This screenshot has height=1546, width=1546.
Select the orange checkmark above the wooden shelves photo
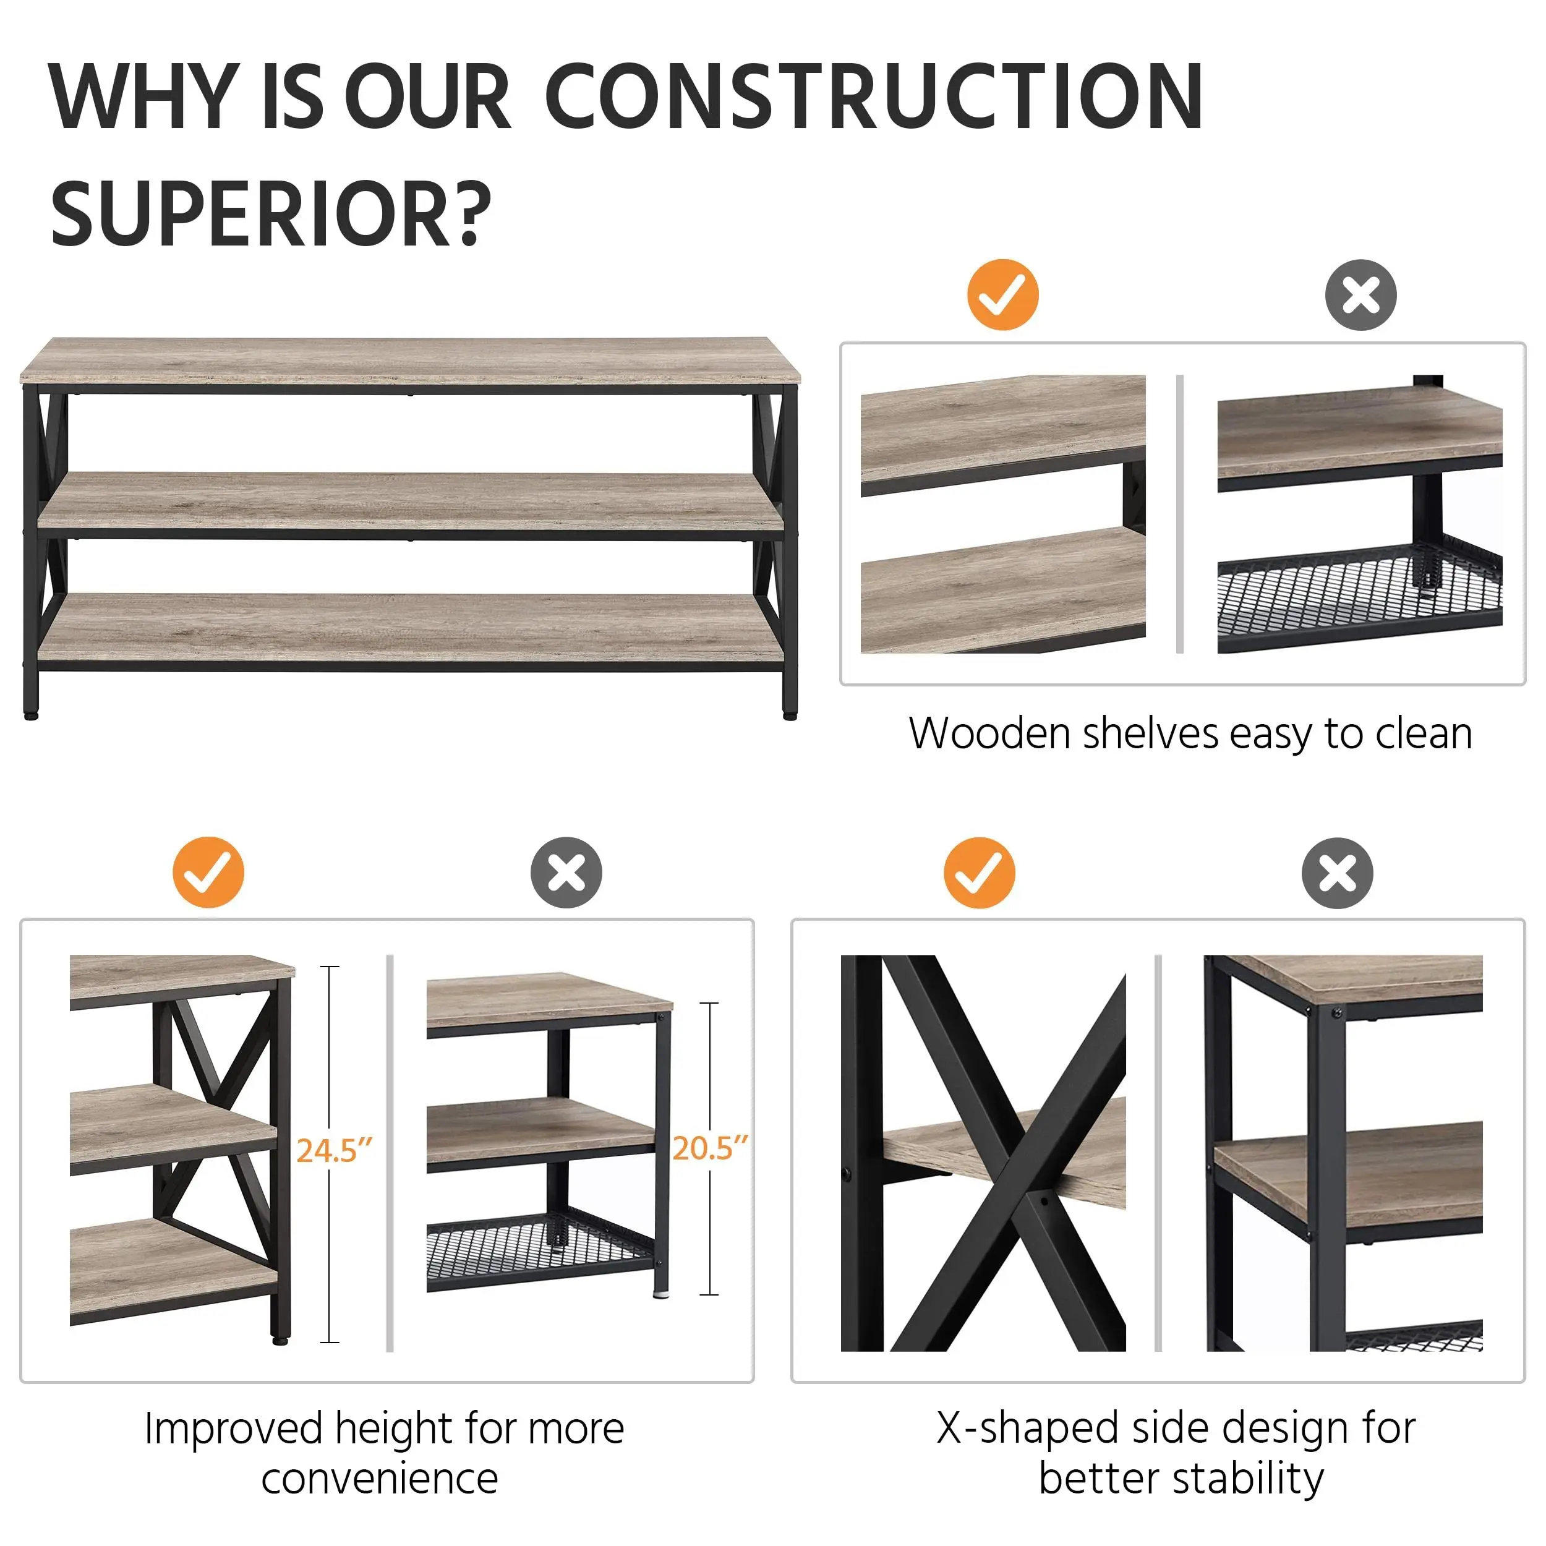click(1002, 294)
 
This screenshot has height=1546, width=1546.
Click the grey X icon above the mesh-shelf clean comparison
click(1360, 294)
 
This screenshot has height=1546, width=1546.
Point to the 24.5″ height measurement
click(334, 1151)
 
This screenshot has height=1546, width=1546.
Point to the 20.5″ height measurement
click(709, 1148)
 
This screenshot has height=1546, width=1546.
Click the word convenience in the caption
click(379, 1479)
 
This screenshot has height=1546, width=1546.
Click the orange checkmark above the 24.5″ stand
click(208, 872)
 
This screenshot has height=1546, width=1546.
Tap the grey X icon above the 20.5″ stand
click(566, 872)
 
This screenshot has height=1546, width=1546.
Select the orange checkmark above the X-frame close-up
click(979, 872)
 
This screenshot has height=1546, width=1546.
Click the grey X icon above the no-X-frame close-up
click(1337, 872)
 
